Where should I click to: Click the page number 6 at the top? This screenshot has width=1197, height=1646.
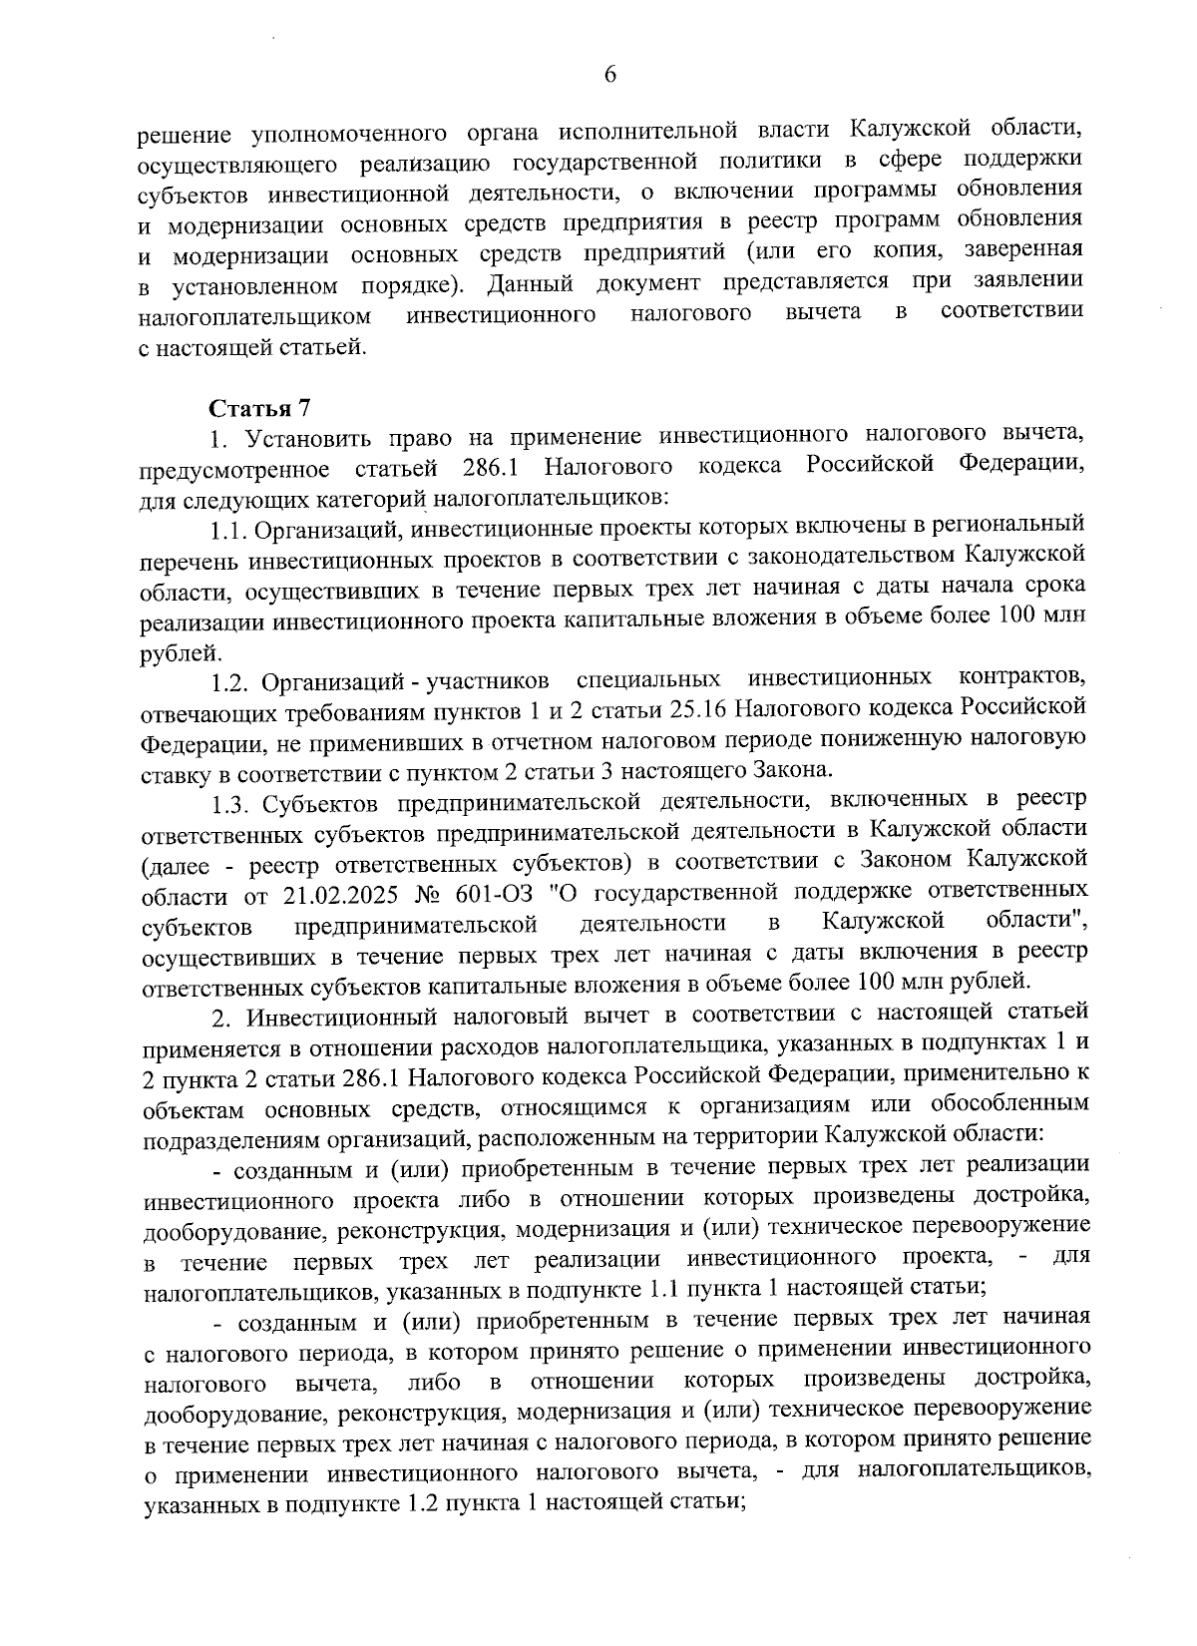click(609, 75)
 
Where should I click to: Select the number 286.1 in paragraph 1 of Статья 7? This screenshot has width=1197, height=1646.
click(497, 467)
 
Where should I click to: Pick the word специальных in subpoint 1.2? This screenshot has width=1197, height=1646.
click(648, 681)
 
